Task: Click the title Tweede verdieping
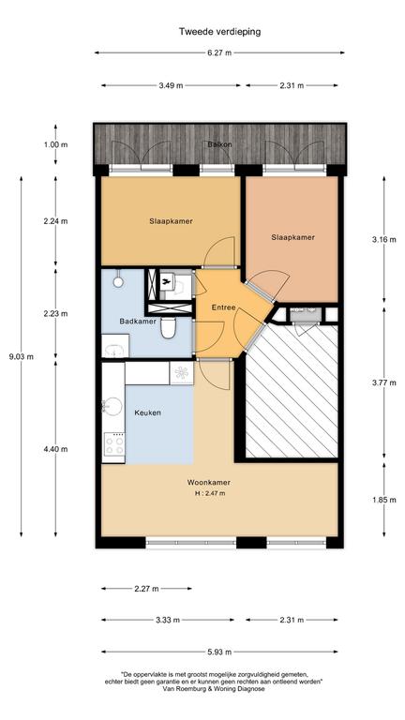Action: (219, 32)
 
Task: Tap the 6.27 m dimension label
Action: (219, 52)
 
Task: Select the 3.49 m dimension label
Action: (171, 85)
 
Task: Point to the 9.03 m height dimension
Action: (22, 356)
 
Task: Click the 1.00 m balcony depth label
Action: (55, 144)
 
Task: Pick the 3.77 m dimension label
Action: (383, 382)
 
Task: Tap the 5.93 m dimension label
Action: (219, 652)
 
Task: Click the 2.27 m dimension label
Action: (147, 588)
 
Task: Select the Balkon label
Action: (219, 144)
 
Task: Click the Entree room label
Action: (224, 307)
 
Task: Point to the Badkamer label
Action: (138, 322)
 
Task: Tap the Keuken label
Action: (147, 412)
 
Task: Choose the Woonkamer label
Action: (208, 483)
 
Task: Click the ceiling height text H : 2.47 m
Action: (210, 494)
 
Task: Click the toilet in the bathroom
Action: (169, 327)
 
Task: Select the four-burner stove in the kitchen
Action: (113, 444)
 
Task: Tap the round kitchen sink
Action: (112, 406)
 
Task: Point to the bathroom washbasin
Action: (114, 347)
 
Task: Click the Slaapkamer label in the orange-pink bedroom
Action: (292, 237)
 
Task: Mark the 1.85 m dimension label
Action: (383, 500)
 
